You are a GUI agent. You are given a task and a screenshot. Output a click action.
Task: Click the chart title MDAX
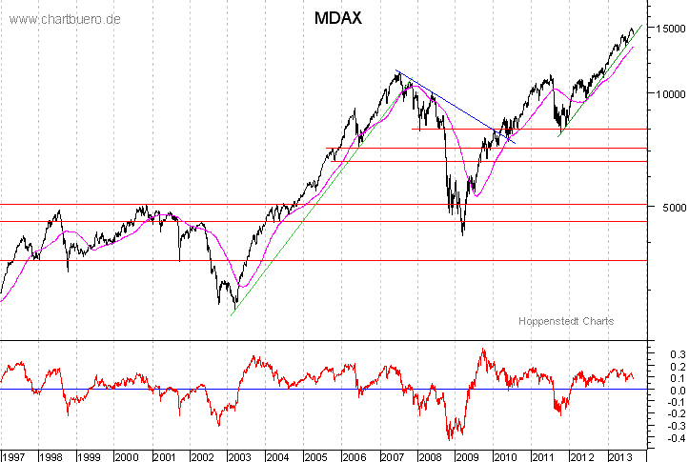tap(337, 20)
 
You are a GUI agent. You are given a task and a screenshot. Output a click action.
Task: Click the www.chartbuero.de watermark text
tap(64, 20)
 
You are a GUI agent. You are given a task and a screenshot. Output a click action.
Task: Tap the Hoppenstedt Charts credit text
tap(566, 321)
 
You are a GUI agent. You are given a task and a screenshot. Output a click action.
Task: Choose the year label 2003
tap(238, 455)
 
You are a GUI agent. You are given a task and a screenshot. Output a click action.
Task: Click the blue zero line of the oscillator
tap(286, 390)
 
